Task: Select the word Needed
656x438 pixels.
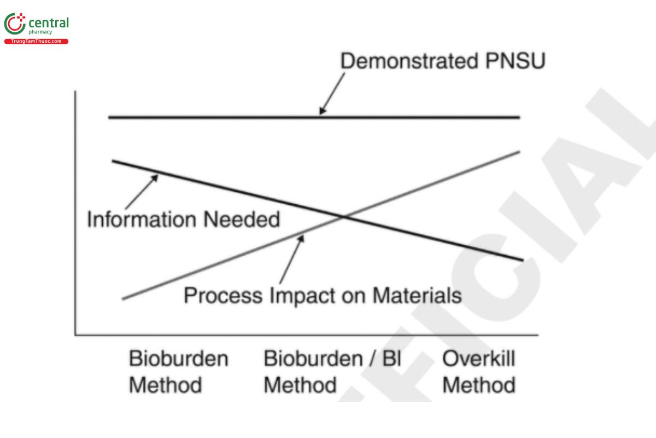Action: pos(242,220)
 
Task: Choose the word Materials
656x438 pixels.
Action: pos(417,296)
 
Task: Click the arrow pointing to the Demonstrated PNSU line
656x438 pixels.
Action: pos(332,93)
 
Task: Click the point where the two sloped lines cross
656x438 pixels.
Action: pos(344,217)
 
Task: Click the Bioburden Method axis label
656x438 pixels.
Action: pos(178,372)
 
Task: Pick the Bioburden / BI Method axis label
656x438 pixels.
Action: pos(332,372)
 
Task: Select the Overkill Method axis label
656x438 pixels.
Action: pos(479,372)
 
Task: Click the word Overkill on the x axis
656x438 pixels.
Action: pos(479,360)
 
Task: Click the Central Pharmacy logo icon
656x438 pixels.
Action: pos(15,25)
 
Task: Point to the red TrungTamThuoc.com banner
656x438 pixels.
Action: pos(36,42)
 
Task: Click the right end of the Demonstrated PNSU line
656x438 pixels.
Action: pos(518,117)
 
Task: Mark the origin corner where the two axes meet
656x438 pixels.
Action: pos(75,335)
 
